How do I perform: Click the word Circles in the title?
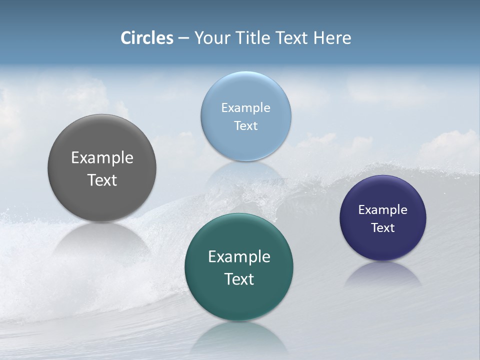[x=147, y=38]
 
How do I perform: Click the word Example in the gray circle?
[x=102, y=158]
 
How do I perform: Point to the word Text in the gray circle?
[x=102, y=180]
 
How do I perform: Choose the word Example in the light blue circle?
[x=245, y=108]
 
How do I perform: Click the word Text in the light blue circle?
[x=245, y=126]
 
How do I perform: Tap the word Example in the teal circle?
[x=239, y=257]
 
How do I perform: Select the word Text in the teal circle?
[x=239, y=279]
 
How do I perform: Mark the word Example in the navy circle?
[x=382, y=210]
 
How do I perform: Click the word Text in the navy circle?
[x=382, y=228]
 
